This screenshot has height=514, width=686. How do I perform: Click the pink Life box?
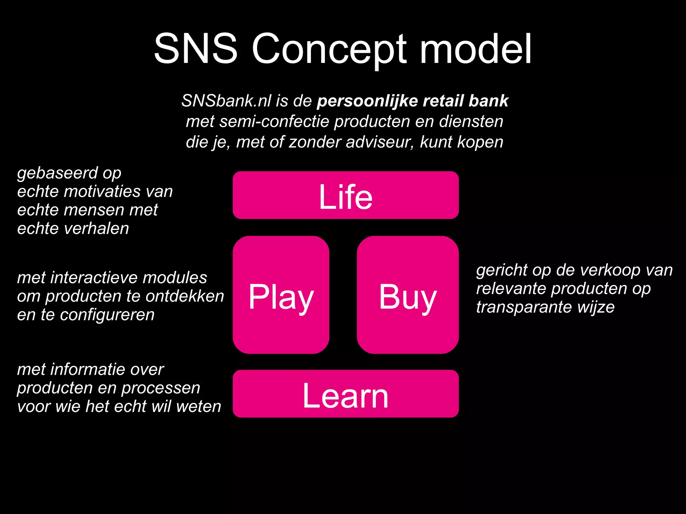coord(345,195)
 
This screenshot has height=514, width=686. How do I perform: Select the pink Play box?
coord(281,295)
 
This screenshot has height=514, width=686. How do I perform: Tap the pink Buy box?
coord(407,295)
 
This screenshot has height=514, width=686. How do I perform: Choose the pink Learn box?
coord(345,394)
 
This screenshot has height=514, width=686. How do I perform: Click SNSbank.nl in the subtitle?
coord(226,101)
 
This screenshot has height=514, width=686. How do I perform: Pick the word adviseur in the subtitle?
coord(380,142)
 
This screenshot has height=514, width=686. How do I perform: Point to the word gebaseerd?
coord(57,173)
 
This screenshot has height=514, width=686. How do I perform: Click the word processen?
coord(160,388)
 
